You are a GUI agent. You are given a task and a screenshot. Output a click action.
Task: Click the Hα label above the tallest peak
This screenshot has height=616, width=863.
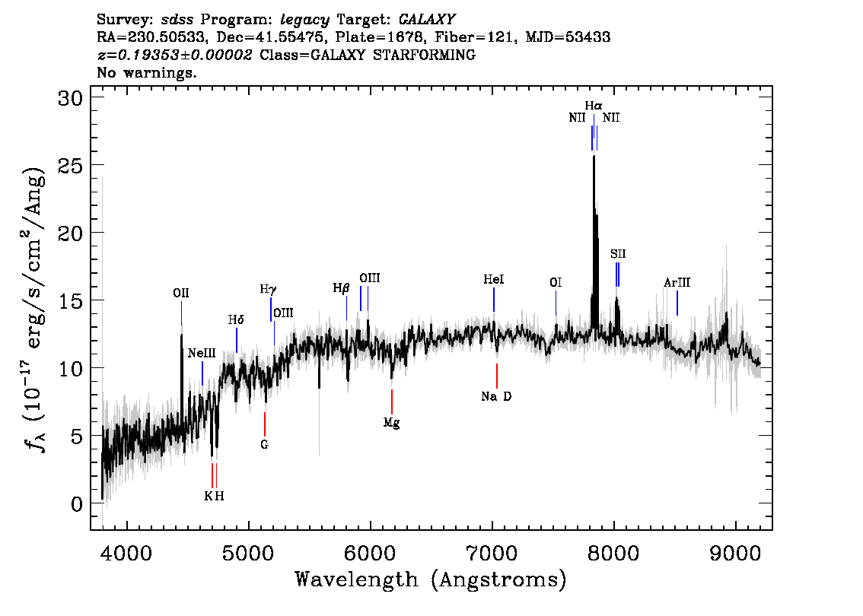594,106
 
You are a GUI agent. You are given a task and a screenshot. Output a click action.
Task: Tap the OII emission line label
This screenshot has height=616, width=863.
181,293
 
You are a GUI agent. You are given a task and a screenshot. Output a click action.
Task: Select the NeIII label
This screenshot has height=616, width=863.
202,354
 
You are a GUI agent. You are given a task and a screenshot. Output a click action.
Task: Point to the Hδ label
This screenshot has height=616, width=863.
237,319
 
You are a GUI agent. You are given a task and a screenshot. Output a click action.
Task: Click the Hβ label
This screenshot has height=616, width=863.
341,288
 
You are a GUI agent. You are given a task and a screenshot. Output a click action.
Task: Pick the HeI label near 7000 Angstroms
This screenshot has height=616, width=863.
494,280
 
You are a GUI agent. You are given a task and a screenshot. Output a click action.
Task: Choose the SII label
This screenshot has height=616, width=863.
618,254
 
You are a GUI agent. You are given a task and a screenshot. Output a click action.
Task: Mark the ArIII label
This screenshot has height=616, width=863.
677,283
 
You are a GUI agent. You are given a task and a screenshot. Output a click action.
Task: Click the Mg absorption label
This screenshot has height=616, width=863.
391,423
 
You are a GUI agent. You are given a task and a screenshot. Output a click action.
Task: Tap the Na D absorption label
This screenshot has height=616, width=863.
496,396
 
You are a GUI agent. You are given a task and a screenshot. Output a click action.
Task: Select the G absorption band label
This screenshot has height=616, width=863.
264,444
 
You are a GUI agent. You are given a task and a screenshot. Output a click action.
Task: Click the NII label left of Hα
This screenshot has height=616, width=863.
578,118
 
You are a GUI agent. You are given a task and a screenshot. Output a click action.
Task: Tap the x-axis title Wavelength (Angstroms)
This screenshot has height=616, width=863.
431,579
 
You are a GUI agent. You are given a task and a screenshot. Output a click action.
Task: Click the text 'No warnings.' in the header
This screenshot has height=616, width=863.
147,74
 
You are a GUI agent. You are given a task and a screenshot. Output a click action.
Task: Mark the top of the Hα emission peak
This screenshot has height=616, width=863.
594,156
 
